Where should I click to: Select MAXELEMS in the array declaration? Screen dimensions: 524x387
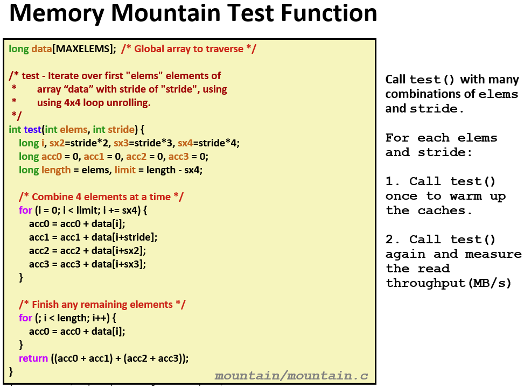(81, 49)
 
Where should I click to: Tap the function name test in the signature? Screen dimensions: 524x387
(32, 130)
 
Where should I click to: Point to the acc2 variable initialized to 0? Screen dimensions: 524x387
(136, 157)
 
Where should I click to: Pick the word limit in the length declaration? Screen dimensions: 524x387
(125, 170)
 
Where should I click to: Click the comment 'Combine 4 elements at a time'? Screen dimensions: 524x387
(101, 196)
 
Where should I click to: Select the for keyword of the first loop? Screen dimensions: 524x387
(25, 210)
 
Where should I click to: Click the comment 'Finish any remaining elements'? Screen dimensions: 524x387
(102, 305)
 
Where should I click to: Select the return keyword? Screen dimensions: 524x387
(33, 358)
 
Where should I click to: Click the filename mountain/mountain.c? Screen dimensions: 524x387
(291, 376)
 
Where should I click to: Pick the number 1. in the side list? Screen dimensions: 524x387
(393, 181)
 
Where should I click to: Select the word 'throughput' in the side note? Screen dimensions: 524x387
(426, 283)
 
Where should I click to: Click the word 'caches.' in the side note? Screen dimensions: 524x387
(444, 210)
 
